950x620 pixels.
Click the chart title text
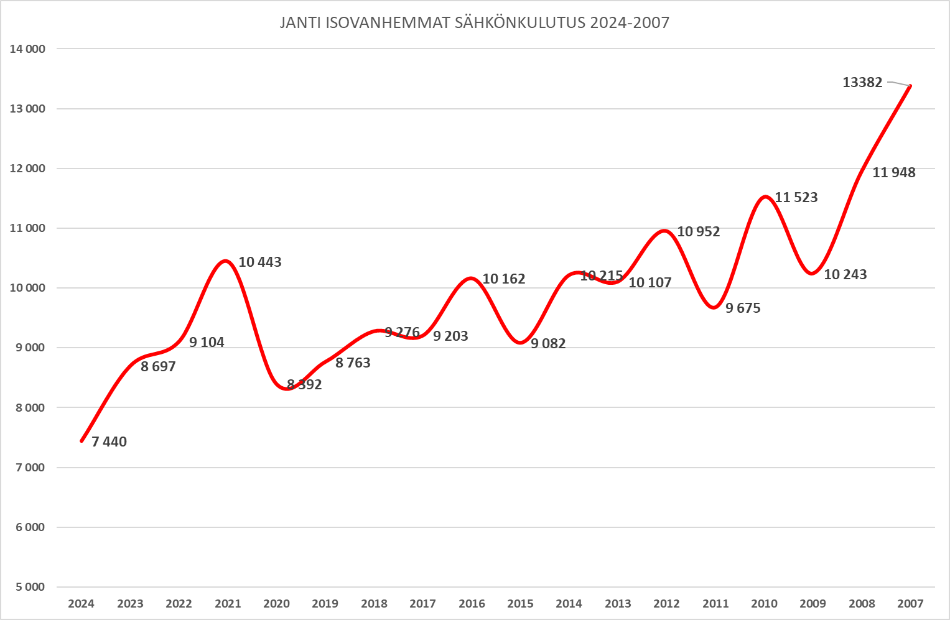click(474, 23)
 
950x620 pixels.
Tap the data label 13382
click(862, 82)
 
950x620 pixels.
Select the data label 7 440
click(109, 442)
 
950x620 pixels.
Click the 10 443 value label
click(260, 262)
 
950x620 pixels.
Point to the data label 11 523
click(796, 197)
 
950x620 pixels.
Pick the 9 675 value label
click(743, 308)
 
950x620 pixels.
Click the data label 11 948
click(894, 173)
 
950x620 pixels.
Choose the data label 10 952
click(699, 231)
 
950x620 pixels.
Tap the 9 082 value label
click(548, 343)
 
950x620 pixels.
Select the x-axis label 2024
click(81, 603)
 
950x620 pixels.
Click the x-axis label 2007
click(910, 603)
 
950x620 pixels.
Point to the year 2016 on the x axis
click(472, 603)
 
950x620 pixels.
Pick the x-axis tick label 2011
click(715, 603)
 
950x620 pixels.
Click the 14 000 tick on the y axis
click(27, 49)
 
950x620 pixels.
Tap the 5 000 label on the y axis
click(30, 587)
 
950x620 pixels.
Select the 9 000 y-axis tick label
click(30, 348)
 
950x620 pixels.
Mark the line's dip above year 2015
click(520, 343)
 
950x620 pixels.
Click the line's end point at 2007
click(910, 86)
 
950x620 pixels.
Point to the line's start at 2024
click(81, 441)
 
